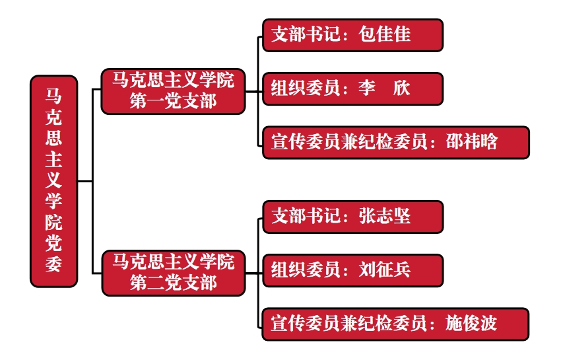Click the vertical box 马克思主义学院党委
click(54, 180)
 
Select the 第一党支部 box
click(173, 91)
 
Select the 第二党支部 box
click(173, 272)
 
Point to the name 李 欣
click(384, 89)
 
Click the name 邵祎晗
click(471, 142)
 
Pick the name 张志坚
click(385, 217)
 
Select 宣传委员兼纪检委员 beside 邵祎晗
click(349, 142)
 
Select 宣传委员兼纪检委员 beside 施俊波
click(349, 324)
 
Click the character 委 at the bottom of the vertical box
click(54, 264)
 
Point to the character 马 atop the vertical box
click(54, 96)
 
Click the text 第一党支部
click(173, 101)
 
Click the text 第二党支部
click(173, 283)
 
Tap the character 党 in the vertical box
click(54, 243)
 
